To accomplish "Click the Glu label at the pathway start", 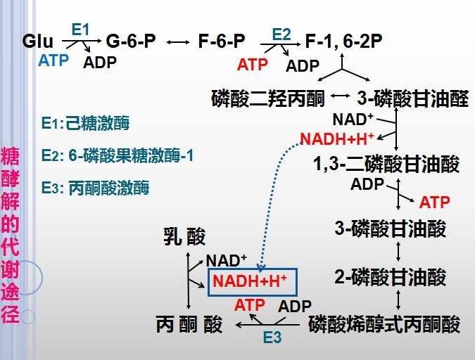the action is click(x=37, y=41).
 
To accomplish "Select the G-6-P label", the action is click(x=131, y=41).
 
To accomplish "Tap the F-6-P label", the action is click(x=222, y=41).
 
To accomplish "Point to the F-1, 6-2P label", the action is click(x=343, y=41).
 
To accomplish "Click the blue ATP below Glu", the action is click(x=53, y=60).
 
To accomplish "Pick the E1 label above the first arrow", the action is click(x=81, y=30).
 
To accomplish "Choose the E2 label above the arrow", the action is click(x=281, y=34).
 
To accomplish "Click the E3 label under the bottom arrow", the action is click(x=272, y=337).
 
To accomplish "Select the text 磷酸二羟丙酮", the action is click(x=268, y=98).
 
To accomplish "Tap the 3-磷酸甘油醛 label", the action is click(x=413, y=98).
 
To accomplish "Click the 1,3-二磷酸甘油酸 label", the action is click(x=386, y=164).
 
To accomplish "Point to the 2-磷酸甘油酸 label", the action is click(x=390, y=277).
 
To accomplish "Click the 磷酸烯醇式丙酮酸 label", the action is click(x=384, y=324).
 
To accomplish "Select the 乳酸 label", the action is click(x=184, y=236).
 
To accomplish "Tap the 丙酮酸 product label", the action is click(x=189, y=324).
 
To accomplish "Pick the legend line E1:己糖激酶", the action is click(x=85, y=123).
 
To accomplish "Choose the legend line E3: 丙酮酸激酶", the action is click(x=95, y=188).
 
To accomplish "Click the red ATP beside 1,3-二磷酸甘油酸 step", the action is click(x=434, y=202).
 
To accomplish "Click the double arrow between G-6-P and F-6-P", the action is click(x=177, y=41).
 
